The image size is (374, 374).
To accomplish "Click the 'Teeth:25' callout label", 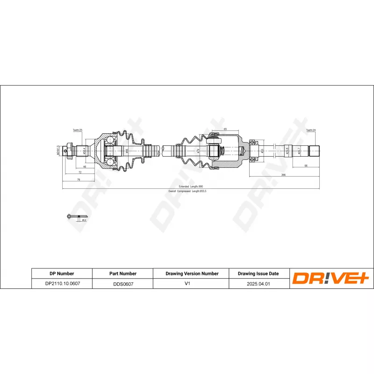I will [x=77, y=130].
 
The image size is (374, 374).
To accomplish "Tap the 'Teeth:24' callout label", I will [x=311, y=130].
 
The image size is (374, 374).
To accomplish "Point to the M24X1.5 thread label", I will [x=58, y=151].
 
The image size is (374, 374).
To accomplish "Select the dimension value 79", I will [x=79, y=179].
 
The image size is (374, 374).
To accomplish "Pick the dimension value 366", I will [x=283, y=174].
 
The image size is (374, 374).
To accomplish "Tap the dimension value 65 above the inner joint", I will [x=225, y=129].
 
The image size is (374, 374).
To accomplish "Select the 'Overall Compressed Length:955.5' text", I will [x=187, y=191].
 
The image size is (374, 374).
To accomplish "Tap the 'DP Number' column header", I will [x=62, y=273].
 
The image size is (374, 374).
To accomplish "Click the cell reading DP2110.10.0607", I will [x=62, y=283].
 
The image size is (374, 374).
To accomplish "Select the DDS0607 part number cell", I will [x=122, y=283].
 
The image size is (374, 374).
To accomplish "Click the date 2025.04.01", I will [x=258, y=283].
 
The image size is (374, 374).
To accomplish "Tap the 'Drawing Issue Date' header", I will [x=258, y=273].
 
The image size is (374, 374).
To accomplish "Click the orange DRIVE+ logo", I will [x=331, y=279].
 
